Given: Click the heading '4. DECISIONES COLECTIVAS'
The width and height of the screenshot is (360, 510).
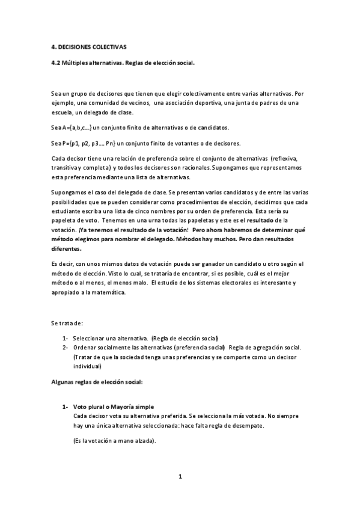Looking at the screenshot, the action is point(88,46).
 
